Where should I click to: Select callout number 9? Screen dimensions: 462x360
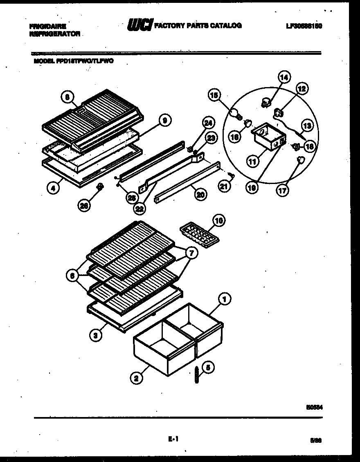tap(164, 120)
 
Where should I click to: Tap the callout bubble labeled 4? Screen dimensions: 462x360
tap(53, 188)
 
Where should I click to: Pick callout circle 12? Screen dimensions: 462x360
tap(302, 88)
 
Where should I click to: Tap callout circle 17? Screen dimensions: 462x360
tap(283, 190)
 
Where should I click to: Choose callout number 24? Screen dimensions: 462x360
tap(208, 122)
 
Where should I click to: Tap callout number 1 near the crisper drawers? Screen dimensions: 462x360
tap(224, 300)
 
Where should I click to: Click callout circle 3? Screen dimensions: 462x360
tap(96, 336)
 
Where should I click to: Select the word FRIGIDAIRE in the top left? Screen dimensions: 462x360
tap(47, 26)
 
